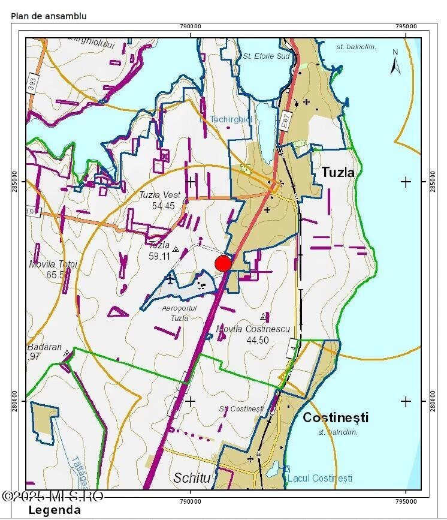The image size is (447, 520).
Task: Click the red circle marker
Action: tap(223, 263)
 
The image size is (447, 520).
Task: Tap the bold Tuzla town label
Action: tap(338, 172)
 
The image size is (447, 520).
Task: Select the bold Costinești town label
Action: tap(336, 417)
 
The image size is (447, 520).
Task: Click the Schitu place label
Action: tap(192, 478)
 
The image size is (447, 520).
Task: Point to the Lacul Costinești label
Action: tap(319, 478)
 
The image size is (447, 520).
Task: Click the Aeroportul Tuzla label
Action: tap(175, 313)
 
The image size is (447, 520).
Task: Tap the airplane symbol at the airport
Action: tap(171, 279)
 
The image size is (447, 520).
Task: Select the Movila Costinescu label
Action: tap(254, 329)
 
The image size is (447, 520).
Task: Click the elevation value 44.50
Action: tap(258, 340)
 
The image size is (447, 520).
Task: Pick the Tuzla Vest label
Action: tap(156, 195)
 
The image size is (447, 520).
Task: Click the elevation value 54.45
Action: tap(164, 206)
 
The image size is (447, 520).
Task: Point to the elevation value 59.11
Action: tap(160, 256)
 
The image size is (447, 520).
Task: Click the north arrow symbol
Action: tap(395, 63)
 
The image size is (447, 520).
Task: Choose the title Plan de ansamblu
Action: tap(49, 16)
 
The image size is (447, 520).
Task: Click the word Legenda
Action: tap(55, 510)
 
